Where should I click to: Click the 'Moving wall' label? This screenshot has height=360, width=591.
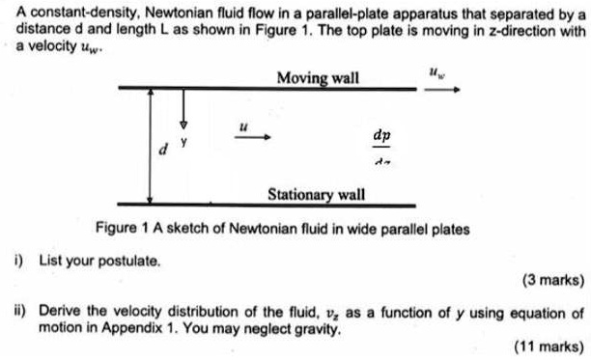(317, 77)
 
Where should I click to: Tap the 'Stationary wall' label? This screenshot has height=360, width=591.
(316, 194)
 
